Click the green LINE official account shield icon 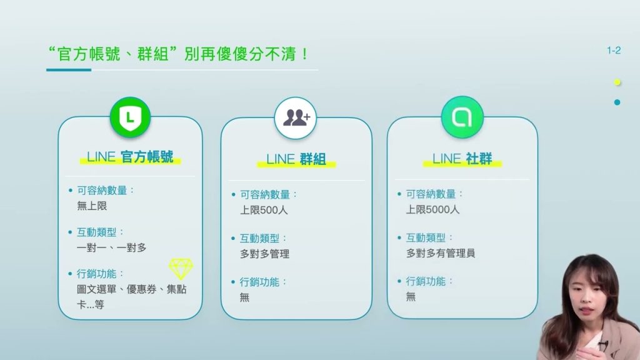click(x=130, y=117)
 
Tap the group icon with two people click(x=296, y=118)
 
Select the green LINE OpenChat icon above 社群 click(x=462, y=117)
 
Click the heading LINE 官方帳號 click(x=130, y=157)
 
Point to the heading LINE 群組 click(x=296, y=159)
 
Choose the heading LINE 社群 click(x=462, y=158)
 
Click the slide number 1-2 click(x=614, y=51)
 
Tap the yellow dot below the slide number click(x=617, y=82)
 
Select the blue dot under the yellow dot click(x=617, y=102)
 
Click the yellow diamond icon click(x=181, y=269)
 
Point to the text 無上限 click(x=92, y=206)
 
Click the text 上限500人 click(x=264, y=210)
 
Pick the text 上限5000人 click(x=432, y=209)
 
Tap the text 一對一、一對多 click(x=111, y=247)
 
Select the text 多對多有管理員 click(x=441, y=253)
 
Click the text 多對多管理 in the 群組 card click(x=264, y=254)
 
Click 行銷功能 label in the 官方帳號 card click(x=96, y=274)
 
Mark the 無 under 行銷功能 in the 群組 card click(x=244, y=297)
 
